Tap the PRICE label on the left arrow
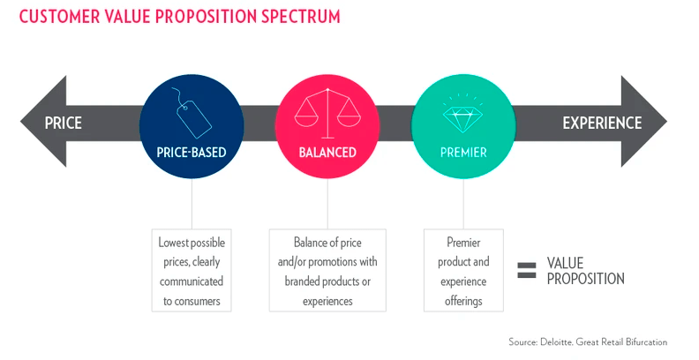click(64, 123)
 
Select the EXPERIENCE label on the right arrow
click(602, 123)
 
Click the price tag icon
click(191, 113)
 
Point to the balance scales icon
click(327, 113)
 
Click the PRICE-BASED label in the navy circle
click(192, 153)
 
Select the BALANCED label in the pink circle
click(327, 153)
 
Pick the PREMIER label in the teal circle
click(463, 153)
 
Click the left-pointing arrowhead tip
click(20, 121)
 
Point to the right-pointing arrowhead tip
click(667, 121)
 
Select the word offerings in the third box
click(463, 302)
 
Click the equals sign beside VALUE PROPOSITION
click(527, 271)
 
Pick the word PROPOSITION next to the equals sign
click(586, 279)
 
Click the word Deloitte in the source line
click(555, 342)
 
